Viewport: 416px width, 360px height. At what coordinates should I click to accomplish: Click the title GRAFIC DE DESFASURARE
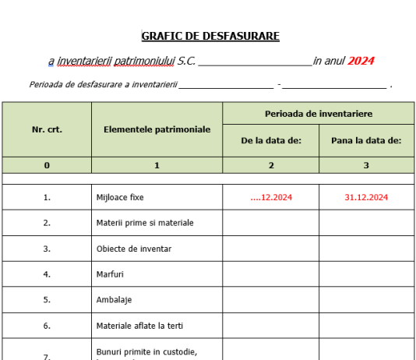(x=210, y=36)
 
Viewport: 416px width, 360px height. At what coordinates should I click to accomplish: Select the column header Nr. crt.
(x=47, y=129)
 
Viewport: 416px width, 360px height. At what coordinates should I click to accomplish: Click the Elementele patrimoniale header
(x=157, y=129)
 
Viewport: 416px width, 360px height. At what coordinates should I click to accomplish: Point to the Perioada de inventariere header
(x=318, y=114)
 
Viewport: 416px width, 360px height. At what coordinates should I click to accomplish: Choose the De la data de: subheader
(x=271, y=141)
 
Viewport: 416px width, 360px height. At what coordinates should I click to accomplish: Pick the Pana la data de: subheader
(x=366, y=141)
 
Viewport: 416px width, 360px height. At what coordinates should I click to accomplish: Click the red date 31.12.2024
(x=366, y=197)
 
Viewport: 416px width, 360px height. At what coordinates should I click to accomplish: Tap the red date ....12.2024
(x=271, y=197)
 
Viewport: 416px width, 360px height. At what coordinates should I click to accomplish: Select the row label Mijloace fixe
(x=120, y=197)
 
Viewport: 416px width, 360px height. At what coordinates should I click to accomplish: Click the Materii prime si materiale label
(x=145, y=223)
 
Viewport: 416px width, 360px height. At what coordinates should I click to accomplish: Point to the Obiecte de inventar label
(x=133, y=249)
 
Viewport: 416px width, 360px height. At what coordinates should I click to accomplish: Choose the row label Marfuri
(x=110, y=274)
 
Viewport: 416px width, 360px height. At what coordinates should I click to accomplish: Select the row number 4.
(x=47, y=274)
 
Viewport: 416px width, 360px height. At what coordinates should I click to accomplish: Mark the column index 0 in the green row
(x=47, y=165)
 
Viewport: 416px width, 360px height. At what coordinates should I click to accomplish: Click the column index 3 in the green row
(x=366, y=165)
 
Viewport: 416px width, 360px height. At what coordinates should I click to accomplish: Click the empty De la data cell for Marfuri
(x=271, y=274)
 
